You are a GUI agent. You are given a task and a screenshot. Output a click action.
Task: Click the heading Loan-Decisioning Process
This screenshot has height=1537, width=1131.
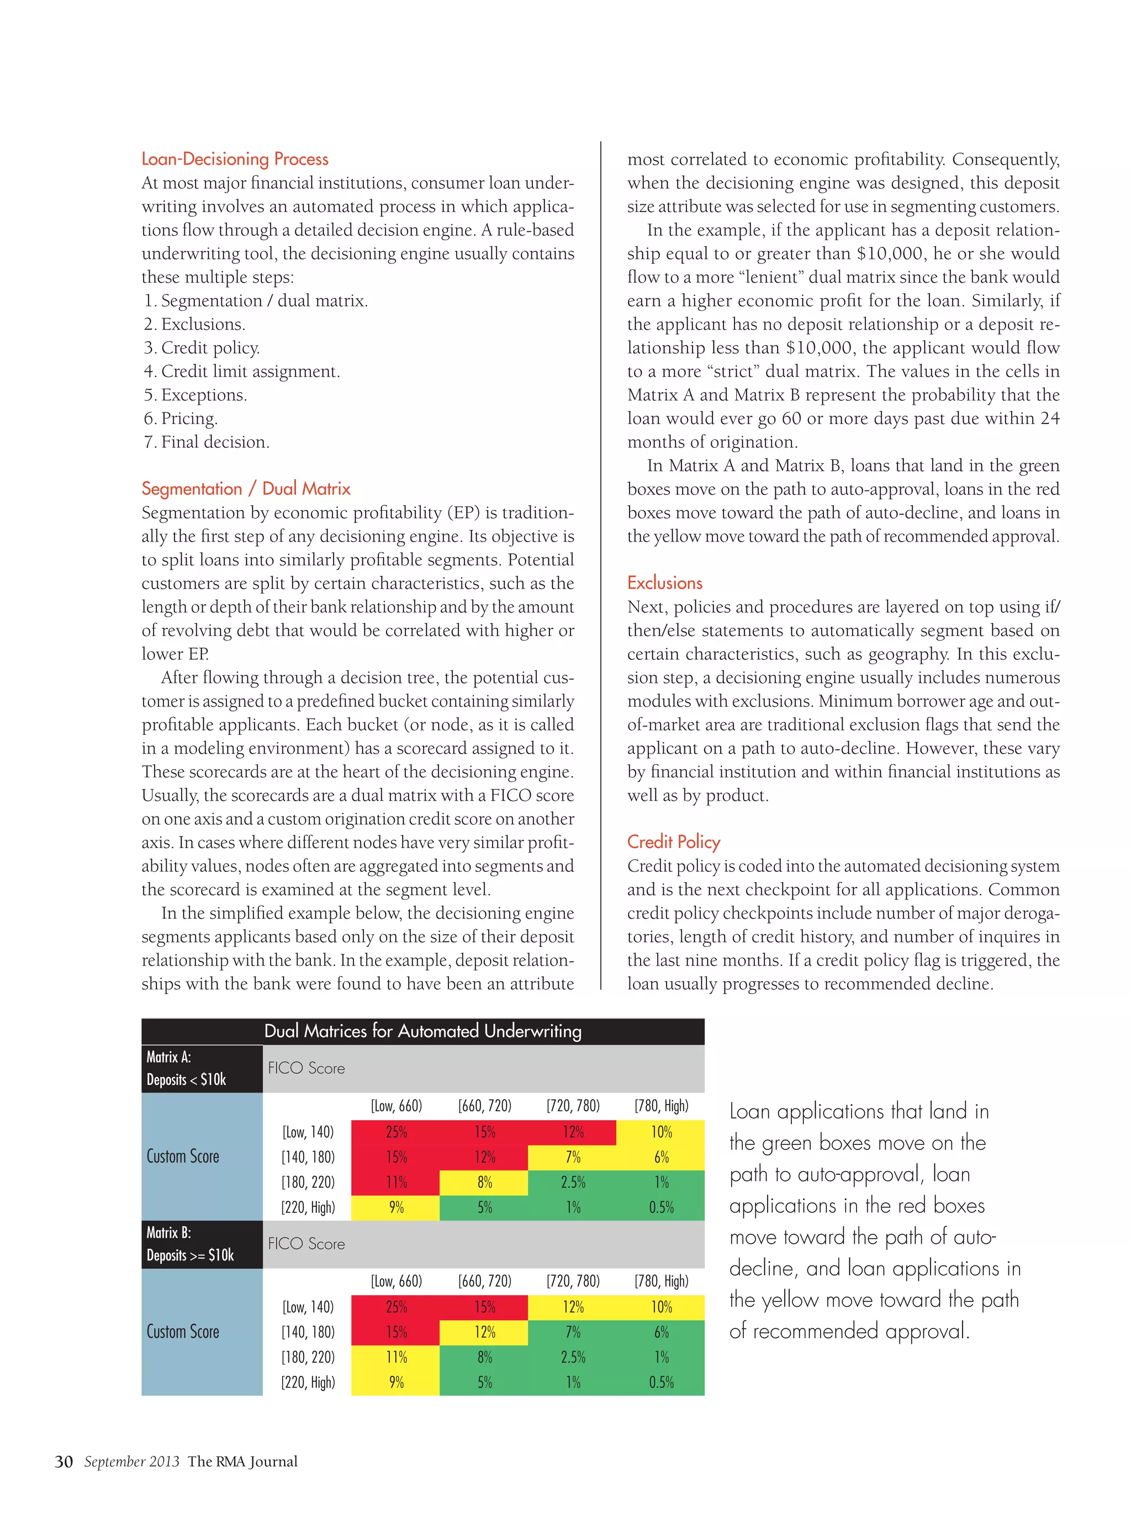(235, 159)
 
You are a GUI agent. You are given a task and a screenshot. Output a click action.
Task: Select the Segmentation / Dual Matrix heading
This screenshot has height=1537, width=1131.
(246, 489)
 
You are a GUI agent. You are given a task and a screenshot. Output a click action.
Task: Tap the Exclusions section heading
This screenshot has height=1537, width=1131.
(665, 583)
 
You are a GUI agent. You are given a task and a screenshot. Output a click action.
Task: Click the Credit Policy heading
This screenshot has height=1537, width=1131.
(674, 842)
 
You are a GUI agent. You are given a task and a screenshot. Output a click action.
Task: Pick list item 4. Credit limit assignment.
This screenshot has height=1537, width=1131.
(242, 371)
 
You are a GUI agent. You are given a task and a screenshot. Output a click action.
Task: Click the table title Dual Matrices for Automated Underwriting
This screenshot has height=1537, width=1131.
(422, 1031)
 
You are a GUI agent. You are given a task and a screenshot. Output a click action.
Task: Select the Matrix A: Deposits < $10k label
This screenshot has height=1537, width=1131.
(186, 1068)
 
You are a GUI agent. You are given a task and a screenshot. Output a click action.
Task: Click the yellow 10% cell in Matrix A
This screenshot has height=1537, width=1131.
(660, 1132)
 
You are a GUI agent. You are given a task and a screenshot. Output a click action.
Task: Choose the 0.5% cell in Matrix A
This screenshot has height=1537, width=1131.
(660, 1207)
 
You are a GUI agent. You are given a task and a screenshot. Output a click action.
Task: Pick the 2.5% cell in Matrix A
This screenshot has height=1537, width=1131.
(572, 1182)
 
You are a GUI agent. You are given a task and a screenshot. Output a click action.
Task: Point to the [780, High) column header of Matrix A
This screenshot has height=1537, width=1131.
(660, 1106)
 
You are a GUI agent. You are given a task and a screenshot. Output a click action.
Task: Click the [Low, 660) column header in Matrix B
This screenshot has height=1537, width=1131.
(396, 1281)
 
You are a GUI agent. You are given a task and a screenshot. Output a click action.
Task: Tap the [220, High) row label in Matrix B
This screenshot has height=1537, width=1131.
(308, 1382)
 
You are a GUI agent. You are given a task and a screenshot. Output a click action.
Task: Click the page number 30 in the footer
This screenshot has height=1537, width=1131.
(64, 1462)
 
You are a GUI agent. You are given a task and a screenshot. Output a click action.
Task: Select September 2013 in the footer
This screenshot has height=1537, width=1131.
(131, 1462)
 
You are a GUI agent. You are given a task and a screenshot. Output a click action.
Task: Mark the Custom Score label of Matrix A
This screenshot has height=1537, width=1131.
(183, 1157)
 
